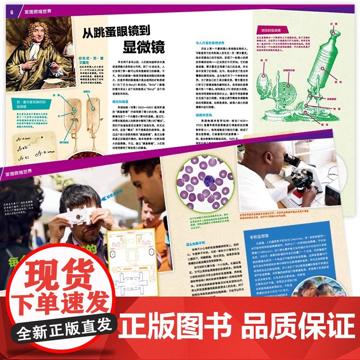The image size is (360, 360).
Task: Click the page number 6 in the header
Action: click(x=12, y=12)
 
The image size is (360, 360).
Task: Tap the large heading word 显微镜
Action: click(x=144, y=46)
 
